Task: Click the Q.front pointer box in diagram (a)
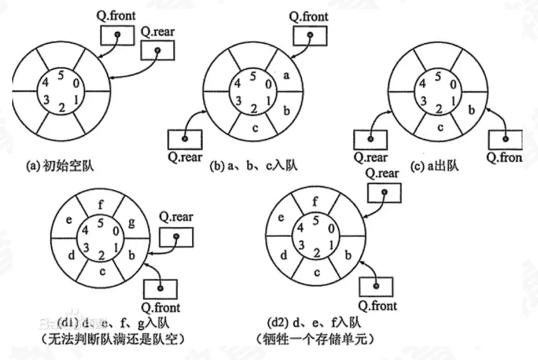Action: tap(118, 35)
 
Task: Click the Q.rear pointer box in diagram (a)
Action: tap(157, 51)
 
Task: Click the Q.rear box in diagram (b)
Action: tap(184, 139)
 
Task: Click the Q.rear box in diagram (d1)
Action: tap(176, 237)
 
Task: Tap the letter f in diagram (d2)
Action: tap(316, 201)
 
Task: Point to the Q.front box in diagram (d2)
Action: tap(376, 286)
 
